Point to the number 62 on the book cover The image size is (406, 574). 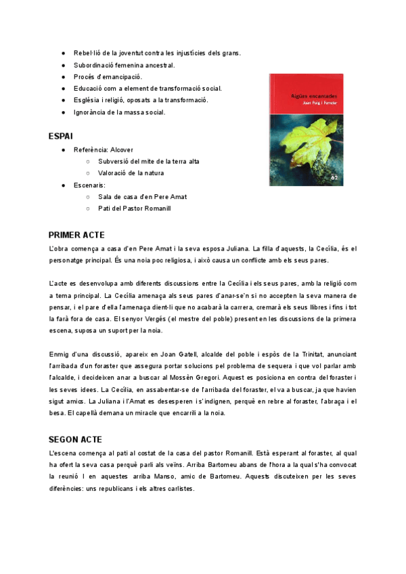point(334,177)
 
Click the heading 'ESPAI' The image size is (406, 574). point(61,137)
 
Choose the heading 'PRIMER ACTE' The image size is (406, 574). point(76,236)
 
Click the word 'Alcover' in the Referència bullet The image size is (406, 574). point(122,150)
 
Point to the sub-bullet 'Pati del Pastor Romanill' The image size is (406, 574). point(135,208)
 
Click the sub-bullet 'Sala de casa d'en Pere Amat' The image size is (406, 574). point(142,197)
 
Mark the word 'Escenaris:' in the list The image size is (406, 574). point(90,185)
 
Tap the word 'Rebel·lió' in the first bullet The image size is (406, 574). point(88,53)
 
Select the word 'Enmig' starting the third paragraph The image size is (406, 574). point(60,354)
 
